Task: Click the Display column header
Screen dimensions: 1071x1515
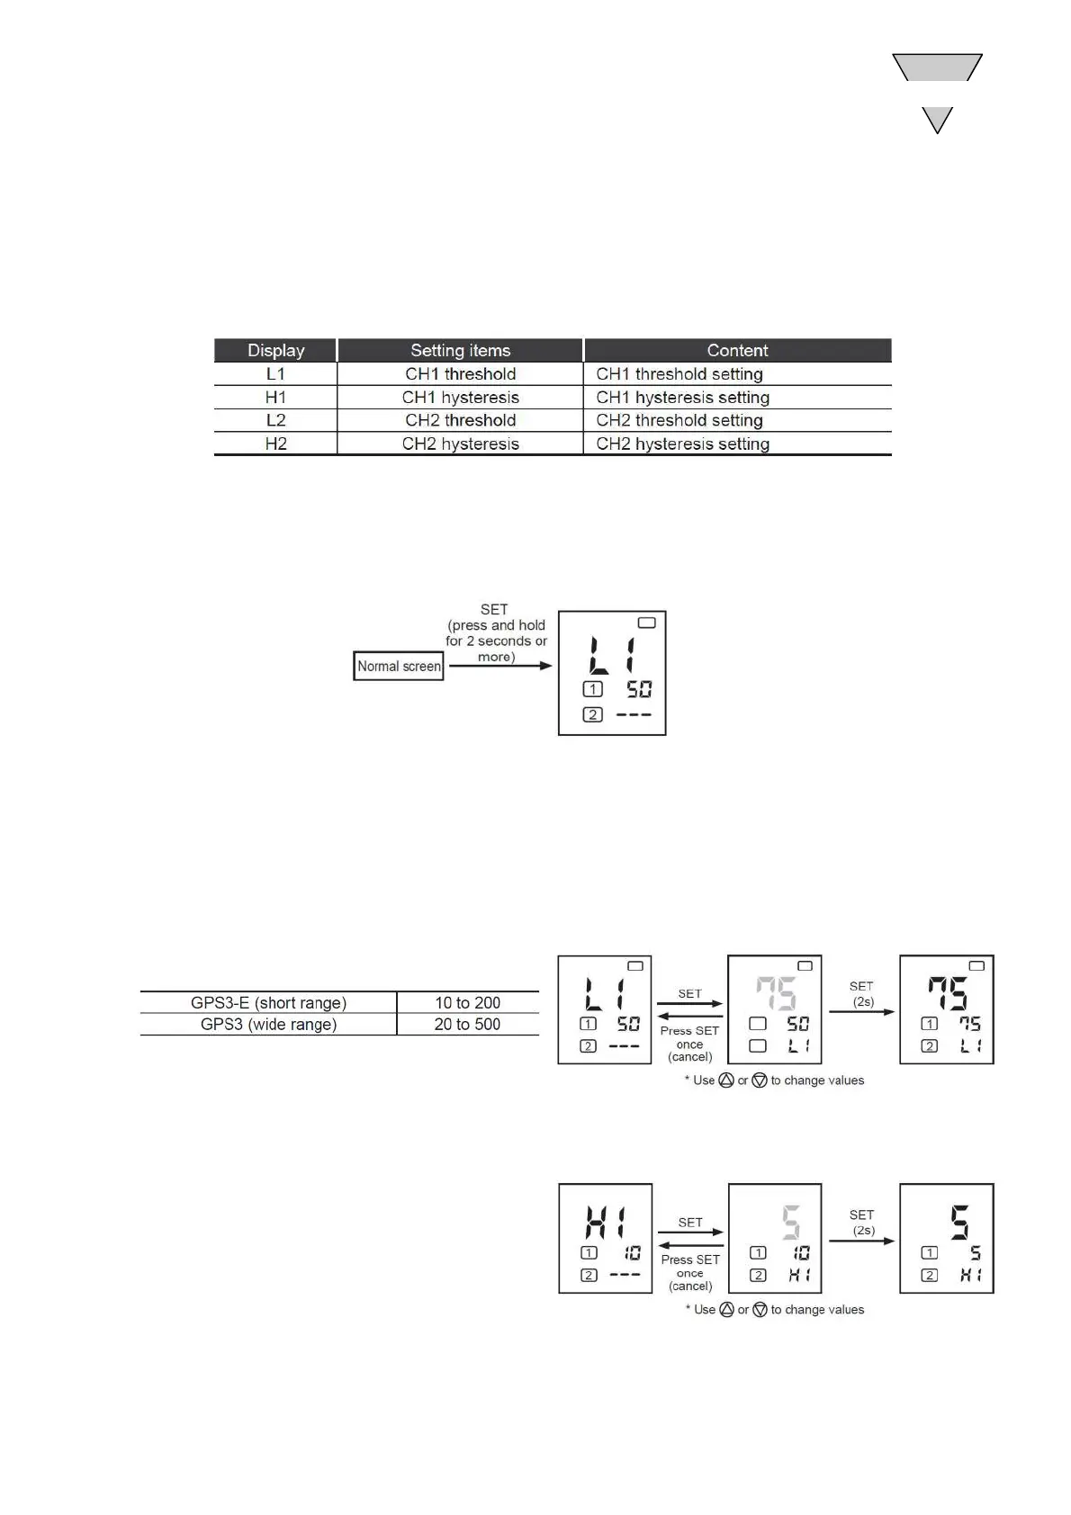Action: [x=275, y=350]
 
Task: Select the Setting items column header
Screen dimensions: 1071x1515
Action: [x=460, y=350]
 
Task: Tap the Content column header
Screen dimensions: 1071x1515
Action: [x=737, y=350]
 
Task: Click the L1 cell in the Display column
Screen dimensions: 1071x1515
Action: [x=275, y=374]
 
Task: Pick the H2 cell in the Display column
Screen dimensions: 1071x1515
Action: [x=275, y=444]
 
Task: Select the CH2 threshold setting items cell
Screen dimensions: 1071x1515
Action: [x=460, y=420]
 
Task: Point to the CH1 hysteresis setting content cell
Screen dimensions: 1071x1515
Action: [x=682, y=398]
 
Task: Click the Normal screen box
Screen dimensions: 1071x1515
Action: [x=399, y=667]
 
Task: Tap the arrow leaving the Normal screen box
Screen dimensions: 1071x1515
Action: [x=499, y=666]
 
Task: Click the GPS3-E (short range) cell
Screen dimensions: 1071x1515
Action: [x=268, y=1002]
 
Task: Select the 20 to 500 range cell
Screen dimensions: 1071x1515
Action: [x=467, y=1024]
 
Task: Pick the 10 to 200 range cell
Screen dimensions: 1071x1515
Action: [x=467, y=1002]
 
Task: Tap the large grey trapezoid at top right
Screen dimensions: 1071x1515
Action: [x=937, y=67]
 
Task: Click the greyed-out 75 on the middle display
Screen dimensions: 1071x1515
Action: [x=775, y=994]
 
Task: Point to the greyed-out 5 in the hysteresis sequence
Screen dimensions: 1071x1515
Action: [x=790, y=1223]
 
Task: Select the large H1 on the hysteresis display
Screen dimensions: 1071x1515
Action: [x=606, y=1223]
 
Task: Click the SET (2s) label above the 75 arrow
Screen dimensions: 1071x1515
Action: [x=861, y=993]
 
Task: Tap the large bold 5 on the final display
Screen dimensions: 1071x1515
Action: [x=960, y=1223]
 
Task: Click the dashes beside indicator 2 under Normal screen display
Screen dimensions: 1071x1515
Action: [x=634, y=715]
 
